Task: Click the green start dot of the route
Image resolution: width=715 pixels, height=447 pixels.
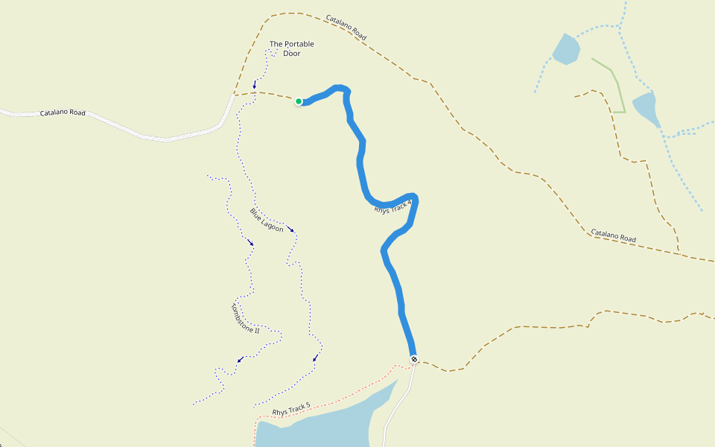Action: coord(299,101)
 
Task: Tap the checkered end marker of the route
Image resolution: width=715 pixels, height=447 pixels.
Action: coord(413,359)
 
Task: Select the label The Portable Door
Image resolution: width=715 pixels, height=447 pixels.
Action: coord(291,48)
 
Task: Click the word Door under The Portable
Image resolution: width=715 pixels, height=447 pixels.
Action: coord(291,54)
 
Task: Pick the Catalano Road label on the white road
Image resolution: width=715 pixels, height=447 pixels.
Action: coord(63,113)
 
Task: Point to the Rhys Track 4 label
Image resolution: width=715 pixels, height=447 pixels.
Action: coord(393,206)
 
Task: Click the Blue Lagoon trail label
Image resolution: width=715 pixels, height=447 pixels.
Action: coord(267,220)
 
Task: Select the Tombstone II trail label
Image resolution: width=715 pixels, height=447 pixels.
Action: coord(245,318)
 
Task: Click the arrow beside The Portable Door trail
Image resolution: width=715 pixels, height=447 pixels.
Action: coord(255,84)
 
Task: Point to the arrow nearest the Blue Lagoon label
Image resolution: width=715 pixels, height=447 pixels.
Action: coord(290,229)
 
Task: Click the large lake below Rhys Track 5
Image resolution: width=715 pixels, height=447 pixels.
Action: coord(328,428)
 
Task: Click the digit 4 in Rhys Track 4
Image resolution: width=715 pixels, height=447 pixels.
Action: coord(409,201)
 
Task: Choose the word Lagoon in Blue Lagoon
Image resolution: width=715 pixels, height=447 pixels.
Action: coord(273,224)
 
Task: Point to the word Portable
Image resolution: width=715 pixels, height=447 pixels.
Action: coord(299,44)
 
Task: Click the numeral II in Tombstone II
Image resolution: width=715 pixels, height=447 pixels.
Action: coord(255,329)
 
